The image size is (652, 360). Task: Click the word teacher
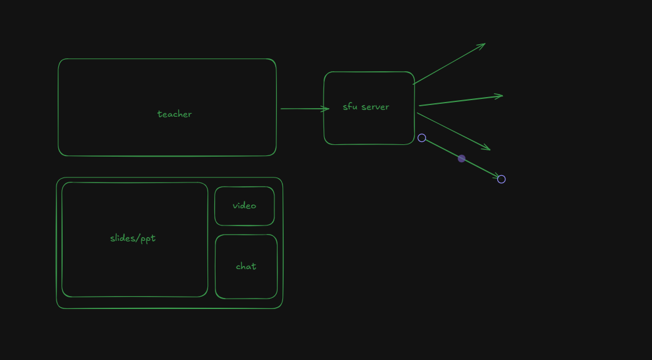point(174,114)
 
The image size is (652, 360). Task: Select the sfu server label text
point(366,107)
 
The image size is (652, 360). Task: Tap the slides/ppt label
point(133,238)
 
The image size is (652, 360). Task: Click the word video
point(244,206)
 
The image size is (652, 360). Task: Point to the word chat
point(246,267)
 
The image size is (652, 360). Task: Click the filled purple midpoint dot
point(462,158)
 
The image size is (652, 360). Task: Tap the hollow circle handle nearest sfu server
point(422,138)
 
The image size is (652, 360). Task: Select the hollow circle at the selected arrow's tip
point(501,179)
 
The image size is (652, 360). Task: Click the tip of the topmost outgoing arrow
point(484,44)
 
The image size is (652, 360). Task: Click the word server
point(375,107)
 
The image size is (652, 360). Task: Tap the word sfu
point(350,107)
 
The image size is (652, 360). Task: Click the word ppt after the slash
point(148,239)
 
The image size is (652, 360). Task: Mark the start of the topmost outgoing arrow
point(414,84)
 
